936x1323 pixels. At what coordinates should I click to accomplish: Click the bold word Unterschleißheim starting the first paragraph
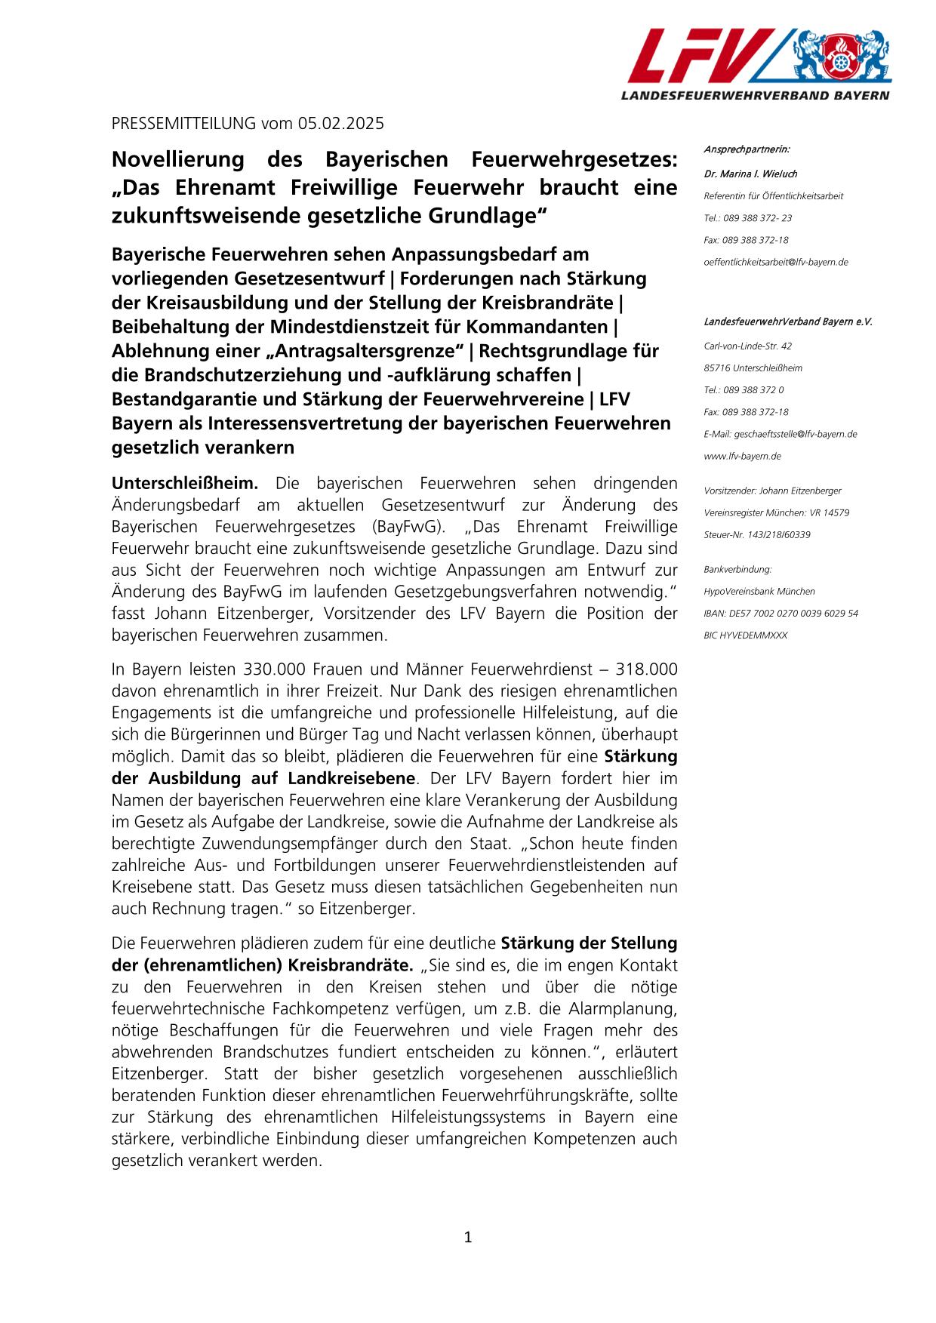pos(185,483)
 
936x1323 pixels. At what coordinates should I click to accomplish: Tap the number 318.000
pos(646,669)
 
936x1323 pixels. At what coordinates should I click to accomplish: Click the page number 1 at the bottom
pos(467,1237)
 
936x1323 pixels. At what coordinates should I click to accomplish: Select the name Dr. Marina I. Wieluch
pos(750,174)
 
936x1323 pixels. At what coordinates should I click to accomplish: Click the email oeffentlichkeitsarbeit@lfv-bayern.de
pos(775,262)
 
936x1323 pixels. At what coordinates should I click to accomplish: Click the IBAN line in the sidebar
pos(781,613)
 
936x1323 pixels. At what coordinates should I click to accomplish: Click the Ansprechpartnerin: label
pos(746,149)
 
